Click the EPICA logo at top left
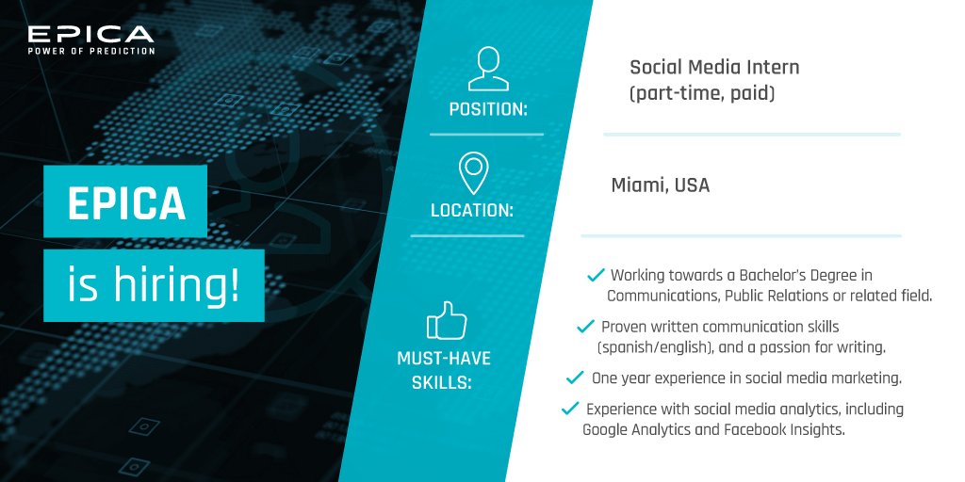90,34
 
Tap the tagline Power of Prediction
90,51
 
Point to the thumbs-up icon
448,321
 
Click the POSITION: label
487,108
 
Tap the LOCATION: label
471,211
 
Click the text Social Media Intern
714,68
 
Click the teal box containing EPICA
125,201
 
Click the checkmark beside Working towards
595,275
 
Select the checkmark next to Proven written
584,326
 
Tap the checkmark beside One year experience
574,378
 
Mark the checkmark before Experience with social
569,409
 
